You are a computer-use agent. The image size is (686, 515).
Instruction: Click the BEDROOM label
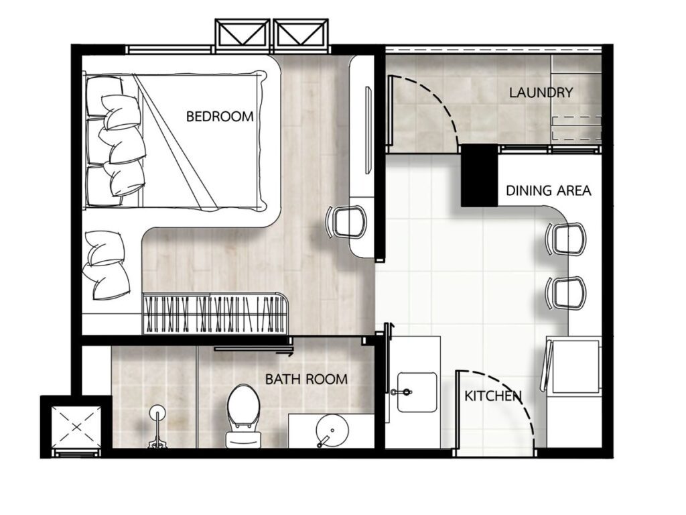pos(220,117)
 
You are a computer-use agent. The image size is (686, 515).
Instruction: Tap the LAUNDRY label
pos(541,93)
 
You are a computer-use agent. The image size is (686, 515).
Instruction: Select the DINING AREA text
pos(548,190)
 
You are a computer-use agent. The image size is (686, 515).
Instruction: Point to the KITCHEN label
pos(492,396)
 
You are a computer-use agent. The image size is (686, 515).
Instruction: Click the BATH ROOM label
pos(306,379)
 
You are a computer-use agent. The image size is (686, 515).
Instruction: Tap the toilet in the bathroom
pos(244,416)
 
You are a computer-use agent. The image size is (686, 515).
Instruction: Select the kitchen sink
pos(417,392)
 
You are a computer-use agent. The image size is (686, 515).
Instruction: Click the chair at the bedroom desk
pos(346,222)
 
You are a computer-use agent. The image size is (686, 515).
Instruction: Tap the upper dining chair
pos(565,239)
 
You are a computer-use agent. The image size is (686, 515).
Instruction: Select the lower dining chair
pos(565,292)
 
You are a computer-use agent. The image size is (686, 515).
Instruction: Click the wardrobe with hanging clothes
pos(216,314)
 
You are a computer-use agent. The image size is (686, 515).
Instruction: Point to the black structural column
pos(479,175)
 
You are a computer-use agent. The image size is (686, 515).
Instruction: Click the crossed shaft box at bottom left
pos(76,426)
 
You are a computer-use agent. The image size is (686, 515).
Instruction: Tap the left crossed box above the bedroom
pos(243,34)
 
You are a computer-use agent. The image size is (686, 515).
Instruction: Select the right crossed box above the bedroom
pos(301,34)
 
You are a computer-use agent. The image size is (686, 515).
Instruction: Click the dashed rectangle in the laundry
pos(577,128)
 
